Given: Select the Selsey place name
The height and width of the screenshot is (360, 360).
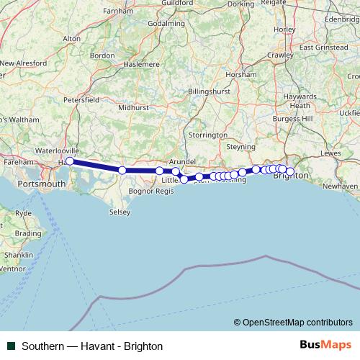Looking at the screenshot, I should click(x=120, y=212).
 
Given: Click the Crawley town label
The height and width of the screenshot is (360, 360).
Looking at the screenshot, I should click(x=279, y=55).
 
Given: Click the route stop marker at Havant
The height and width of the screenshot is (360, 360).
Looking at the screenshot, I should click(x=70, y=161).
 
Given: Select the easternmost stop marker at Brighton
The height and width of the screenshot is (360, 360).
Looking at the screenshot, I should click(x=290, y=171).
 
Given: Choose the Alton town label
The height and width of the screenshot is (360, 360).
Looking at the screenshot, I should click(x=72, y=38).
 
